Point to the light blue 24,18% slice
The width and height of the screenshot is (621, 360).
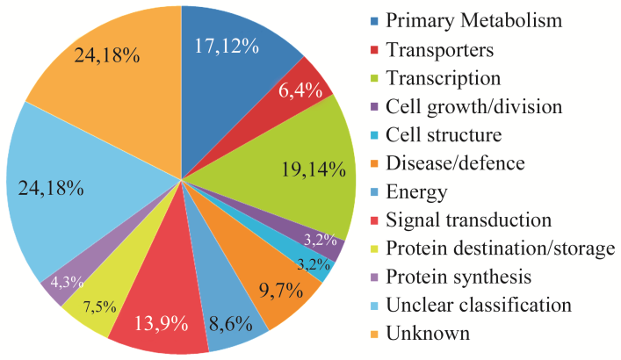coord(70,193)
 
